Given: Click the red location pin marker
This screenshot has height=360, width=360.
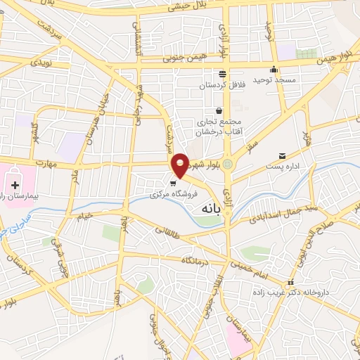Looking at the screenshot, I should coord(181,165).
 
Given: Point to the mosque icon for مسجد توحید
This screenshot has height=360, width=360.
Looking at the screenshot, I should coord(274,70).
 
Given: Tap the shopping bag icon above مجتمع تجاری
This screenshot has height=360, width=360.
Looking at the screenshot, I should coord(219,110).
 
